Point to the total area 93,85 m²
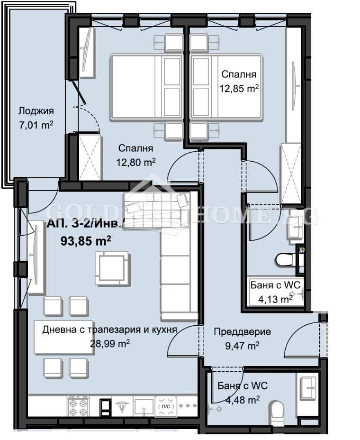(86, 240)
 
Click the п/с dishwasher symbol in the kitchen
(166, 406)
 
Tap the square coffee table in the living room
(111, 268)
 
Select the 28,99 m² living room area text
(110, 343)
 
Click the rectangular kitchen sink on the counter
(143, 406)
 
